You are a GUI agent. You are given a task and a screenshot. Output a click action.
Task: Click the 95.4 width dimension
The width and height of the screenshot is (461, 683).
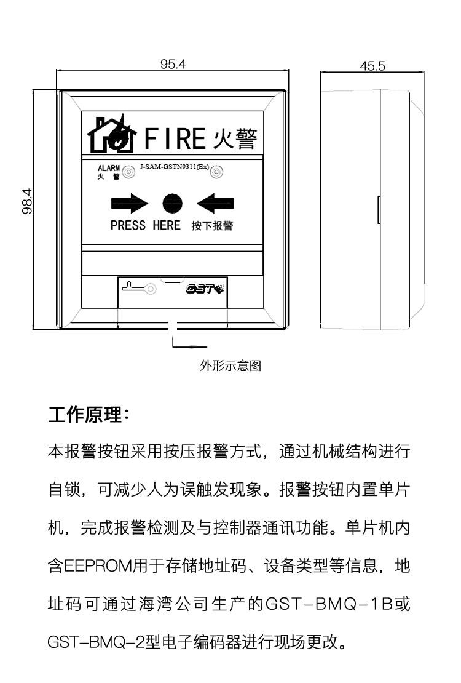click(173, 64)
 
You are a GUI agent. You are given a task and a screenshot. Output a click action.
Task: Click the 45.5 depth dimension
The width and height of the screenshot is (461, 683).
click(372, 66)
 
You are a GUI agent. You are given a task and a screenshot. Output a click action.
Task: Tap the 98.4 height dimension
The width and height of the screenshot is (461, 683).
click(28, 201)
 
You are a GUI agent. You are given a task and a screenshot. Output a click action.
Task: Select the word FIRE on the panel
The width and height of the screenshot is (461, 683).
click(173, 138)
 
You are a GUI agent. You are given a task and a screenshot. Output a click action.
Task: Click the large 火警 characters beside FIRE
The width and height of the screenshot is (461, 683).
click(235, 138)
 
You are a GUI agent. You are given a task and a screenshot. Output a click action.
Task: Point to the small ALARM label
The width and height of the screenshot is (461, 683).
click(108, 168)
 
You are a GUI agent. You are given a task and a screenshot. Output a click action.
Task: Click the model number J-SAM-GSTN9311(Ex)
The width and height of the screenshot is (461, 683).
click(174, 167)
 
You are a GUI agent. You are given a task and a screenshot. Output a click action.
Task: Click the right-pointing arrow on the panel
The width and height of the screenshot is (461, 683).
click(130, 204)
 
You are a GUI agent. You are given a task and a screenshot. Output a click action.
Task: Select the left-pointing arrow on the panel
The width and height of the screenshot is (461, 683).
click(215, 204)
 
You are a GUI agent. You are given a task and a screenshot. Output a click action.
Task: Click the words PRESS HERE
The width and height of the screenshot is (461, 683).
click(146, 225)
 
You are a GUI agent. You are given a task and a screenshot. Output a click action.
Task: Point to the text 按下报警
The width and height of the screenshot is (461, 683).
click(212, 226)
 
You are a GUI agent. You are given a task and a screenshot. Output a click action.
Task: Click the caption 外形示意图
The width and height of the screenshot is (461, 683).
click(230, 366)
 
